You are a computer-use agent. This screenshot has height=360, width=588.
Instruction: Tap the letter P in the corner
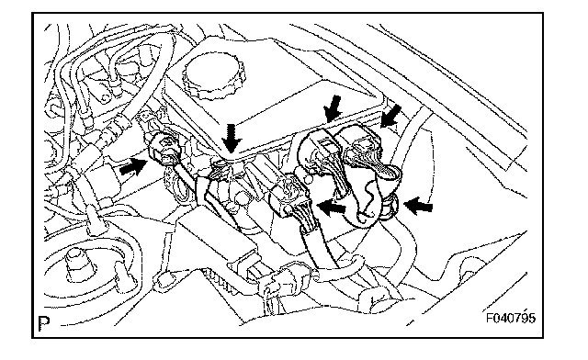44,323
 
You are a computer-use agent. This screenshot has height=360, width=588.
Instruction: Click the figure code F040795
511,318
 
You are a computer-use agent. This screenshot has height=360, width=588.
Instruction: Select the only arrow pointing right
133,166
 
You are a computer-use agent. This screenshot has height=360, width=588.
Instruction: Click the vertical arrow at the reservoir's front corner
232,139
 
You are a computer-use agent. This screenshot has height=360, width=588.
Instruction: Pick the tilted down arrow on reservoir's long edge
332,109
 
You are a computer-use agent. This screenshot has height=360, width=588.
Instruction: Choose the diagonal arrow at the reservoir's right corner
390,116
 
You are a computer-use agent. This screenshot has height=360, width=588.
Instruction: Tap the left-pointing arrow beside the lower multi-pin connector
332,208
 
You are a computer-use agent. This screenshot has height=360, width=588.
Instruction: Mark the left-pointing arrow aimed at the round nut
418,207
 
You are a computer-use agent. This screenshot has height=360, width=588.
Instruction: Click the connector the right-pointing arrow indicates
165,147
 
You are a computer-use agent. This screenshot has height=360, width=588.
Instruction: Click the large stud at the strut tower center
77,264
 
